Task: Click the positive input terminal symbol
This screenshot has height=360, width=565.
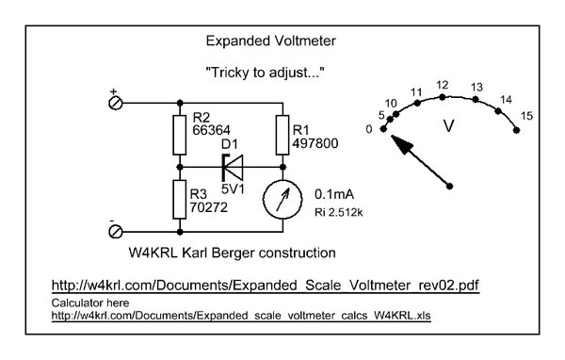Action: point(115,103)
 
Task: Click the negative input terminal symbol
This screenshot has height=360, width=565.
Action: point(115,232)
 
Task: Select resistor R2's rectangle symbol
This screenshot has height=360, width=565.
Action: point(180,136)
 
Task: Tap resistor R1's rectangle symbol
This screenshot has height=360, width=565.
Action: point(282,136)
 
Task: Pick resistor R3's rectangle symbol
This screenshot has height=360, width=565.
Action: point(180,200)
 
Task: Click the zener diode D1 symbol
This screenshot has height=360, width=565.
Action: point(233,168)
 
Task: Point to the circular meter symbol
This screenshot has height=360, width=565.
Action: point(282,200)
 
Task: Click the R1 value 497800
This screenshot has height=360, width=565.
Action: point(315,143)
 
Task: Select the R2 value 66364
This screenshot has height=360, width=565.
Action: point(212,130)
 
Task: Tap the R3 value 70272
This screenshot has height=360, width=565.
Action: point(209,207)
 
